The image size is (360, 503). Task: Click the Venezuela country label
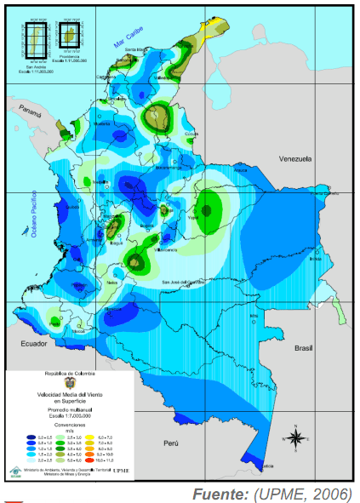tap(298, 158)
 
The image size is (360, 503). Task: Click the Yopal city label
tap(192, 218)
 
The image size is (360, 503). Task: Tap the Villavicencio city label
tap(166, 250)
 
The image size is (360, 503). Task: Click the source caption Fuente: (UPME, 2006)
tap(272, 492)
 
